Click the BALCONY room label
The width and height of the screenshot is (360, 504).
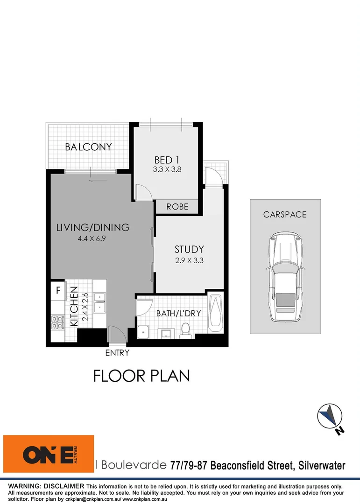[88, 147]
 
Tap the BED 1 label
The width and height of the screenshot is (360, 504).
[167, 161]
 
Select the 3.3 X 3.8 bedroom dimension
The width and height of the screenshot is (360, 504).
[167, 170]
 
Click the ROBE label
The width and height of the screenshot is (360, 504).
[177, 206]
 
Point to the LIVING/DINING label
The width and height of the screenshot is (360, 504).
[92, 228]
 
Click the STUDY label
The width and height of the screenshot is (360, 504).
[189, 249]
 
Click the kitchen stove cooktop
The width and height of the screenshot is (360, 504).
[58, 322]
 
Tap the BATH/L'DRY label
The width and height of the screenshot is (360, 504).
[178, 313]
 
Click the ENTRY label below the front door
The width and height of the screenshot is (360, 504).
[117, 353]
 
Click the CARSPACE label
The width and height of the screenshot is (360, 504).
[285, 215]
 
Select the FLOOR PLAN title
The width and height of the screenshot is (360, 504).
[141, 376]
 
